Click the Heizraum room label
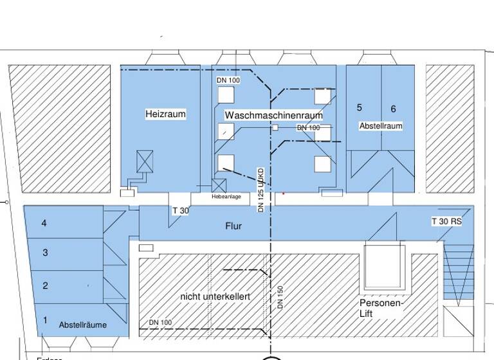point(165,114)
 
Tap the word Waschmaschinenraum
point(273,114)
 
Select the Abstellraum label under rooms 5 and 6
point(381,126)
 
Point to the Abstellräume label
point(83,325)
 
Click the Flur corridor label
point(233,226)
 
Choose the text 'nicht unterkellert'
point(215,296)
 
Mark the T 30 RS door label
point(446,221)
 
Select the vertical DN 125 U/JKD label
point(261,190)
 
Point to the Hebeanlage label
point(226,197)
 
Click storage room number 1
point(45,319)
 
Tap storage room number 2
point(45,285)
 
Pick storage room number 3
point(45,253)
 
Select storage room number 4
point(44,223)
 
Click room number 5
point(360,107)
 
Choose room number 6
point(393,109)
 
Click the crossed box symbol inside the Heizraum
point(145,161)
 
